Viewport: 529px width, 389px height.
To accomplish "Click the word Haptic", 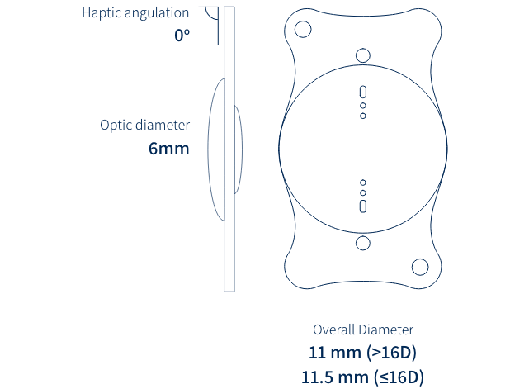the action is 102,13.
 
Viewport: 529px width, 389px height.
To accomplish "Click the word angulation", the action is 157,13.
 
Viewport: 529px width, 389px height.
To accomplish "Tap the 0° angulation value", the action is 182,36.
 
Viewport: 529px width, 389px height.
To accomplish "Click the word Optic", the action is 116,126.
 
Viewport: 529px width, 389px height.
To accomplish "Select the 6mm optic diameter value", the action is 168,149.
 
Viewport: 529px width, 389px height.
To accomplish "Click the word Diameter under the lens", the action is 386,330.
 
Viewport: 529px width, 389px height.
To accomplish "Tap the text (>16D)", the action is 392,353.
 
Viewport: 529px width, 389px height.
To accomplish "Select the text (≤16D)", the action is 399,377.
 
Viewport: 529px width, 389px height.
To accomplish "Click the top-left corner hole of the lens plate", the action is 303,29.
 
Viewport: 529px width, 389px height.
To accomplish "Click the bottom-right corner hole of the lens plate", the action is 420,267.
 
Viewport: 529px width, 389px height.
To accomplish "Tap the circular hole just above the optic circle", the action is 363,55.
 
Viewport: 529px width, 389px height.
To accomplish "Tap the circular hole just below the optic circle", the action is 363,243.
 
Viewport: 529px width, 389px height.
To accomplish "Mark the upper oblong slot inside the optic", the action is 363,92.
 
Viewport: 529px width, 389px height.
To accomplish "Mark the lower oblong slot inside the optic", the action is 363,206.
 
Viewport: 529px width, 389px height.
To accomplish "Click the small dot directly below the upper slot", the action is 363,106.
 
